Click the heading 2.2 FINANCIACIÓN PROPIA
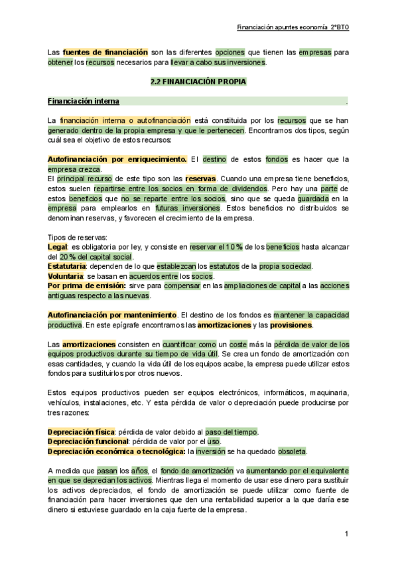click(x=199, y=82)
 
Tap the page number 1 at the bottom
click(x=346, y=534)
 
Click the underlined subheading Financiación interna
click(x=84, y=102)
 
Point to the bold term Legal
click(x=58, y=247)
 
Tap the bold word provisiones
click(x=291, y=325)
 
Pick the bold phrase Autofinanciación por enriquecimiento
click(x=117, y=159)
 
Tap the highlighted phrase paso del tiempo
click(x=232, y=432)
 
